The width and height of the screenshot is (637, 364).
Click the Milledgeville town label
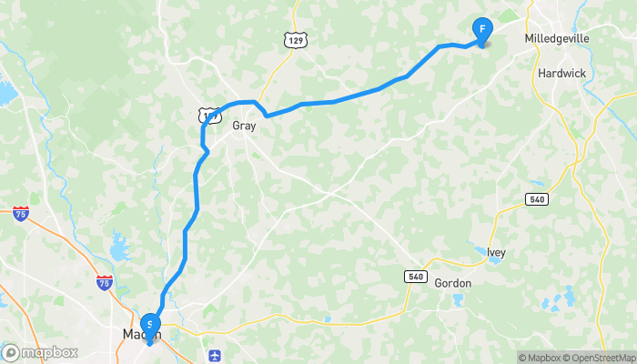coord(557,39)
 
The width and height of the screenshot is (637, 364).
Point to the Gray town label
coord(244,126)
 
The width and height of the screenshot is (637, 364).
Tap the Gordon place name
coord(452,283)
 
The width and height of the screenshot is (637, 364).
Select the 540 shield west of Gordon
coord(417,276)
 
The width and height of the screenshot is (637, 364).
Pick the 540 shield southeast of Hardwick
coord(537,198)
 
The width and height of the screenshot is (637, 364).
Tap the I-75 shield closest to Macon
coord(105,281)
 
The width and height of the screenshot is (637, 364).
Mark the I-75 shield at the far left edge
coord(21,213)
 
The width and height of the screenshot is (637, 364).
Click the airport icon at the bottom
coord(214,354)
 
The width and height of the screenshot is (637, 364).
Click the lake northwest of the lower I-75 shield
coord(118,244)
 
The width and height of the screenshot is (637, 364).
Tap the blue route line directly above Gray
coord(244,102)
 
